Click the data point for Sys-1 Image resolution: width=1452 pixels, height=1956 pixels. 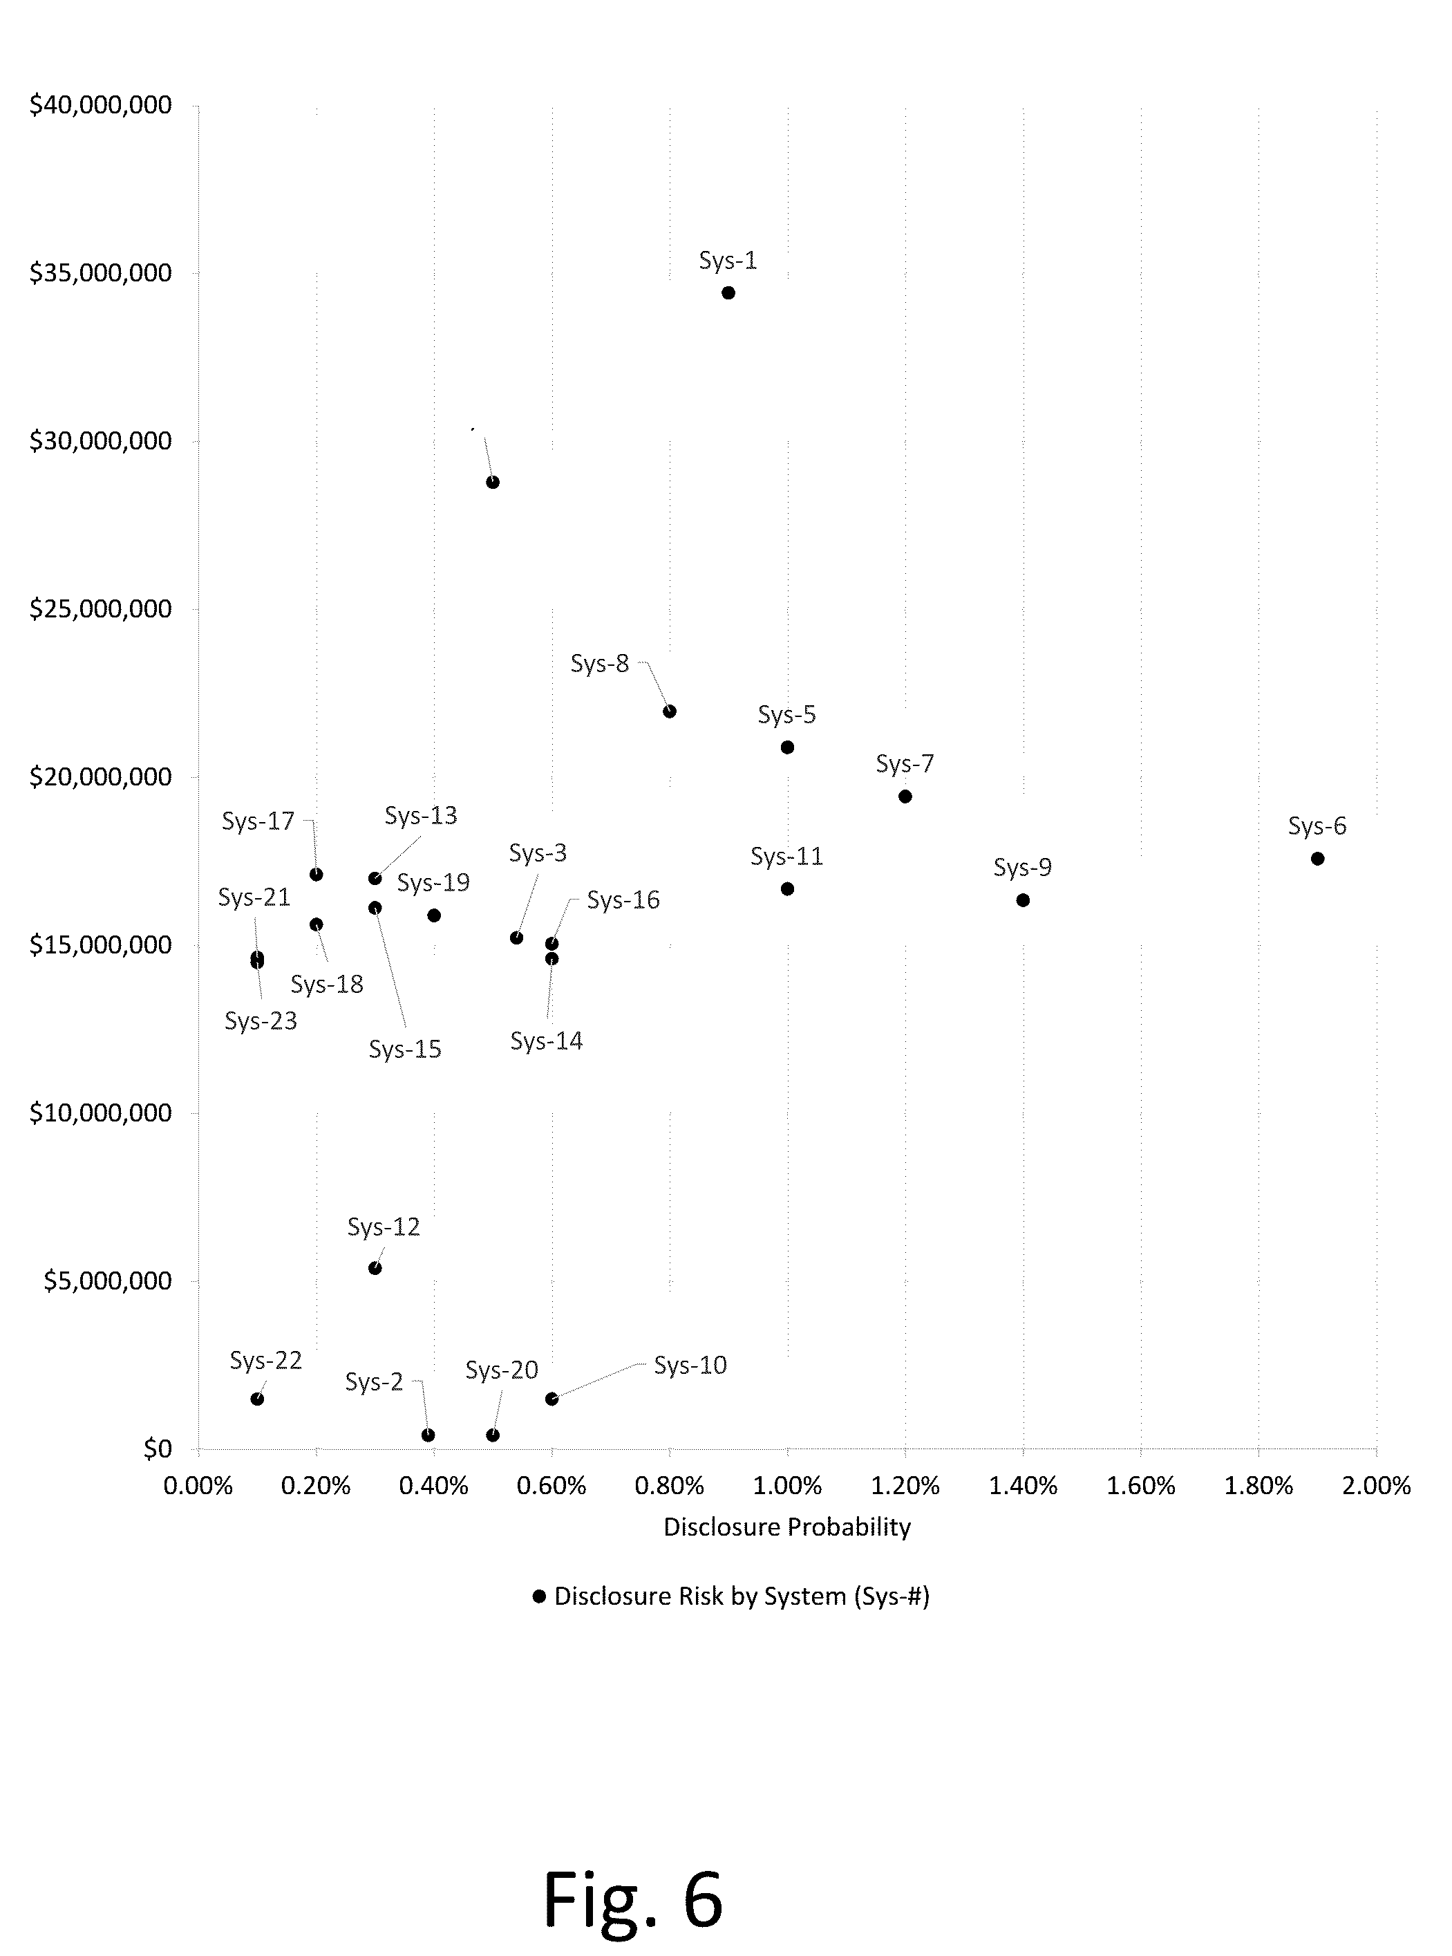click(728, 292)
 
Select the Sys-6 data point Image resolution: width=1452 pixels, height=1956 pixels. click(1317, 858)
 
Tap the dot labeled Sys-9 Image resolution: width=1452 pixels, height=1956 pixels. click(1022, 900)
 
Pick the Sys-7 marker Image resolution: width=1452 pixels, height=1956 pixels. click(905, 797)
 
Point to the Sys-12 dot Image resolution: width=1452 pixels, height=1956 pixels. click(375, 1267)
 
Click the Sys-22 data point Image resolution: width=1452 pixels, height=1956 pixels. click(256, 1399)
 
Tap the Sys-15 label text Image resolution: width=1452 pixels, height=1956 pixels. click(404, 1050)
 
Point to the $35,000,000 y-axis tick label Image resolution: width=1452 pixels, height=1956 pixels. click(100, 272)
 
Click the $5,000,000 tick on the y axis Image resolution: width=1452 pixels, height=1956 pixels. click(107, 1281)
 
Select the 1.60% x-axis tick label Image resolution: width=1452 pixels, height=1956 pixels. click(1140, 1486)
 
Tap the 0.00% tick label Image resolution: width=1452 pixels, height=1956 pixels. click(198, 1486)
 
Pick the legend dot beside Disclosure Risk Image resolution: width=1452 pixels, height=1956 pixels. click(539, 1596)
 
